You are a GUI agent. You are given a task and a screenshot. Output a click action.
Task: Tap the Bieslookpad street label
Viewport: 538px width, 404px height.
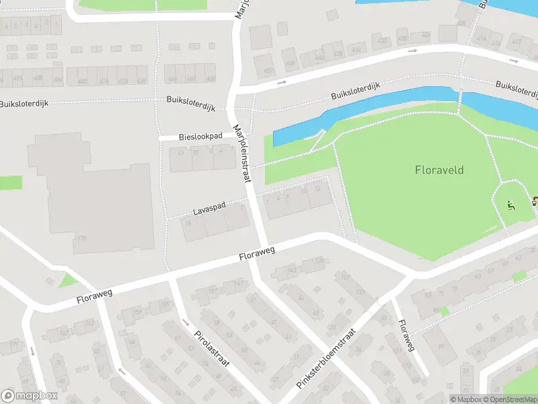click(200, 137)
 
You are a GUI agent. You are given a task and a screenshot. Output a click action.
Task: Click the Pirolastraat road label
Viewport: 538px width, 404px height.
click(212, 348)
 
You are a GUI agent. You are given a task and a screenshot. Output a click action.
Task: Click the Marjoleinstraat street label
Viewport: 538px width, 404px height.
click(241, 154)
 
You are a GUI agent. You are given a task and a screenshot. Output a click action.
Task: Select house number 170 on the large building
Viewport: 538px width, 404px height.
click(82, 238)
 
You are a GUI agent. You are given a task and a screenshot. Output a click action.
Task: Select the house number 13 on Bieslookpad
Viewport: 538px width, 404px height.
click(180, 152)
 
